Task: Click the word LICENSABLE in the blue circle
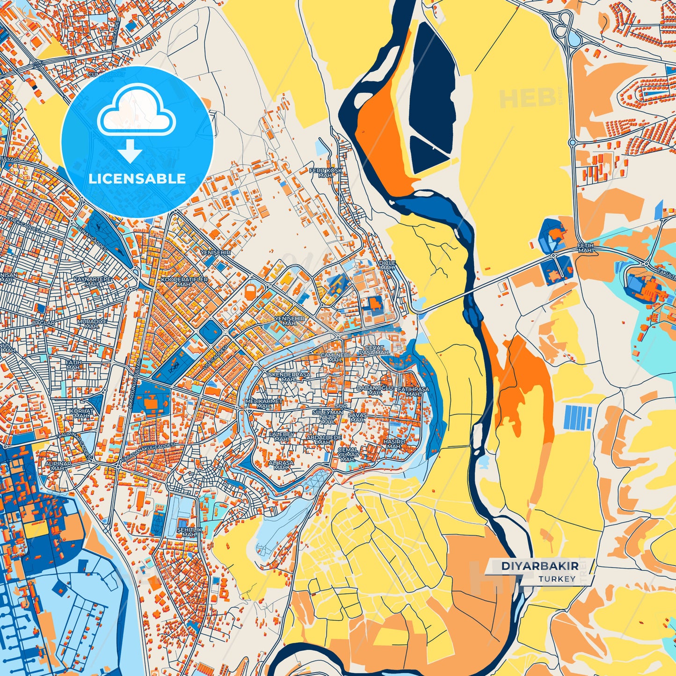tap(137, 179)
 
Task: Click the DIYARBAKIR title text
tap(539, 566)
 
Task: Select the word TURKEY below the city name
tap(557, 579)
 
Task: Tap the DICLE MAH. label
tap(387, 265)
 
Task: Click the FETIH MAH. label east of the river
tap(585, 248)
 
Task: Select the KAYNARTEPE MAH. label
tap(92, 281)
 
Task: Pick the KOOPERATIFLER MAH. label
tap(184, 282)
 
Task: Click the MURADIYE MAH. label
tap(92, 324)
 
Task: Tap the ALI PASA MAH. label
tap(281, 465)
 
